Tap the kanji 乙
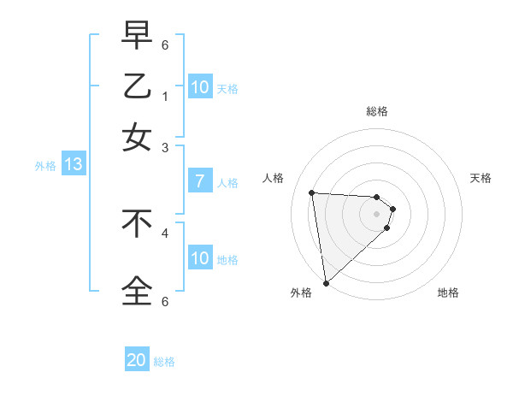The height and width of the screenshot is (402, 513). coord(137,86)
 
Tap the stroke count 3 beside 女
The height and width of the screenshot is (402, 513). coord(165,147)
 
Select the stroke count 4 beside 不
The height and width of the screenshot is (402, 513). coord(165,232)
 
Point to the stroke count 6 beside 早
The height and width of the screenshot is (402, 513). coord(165,44)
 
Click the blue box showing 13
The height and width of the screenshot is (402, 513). coord(73,165)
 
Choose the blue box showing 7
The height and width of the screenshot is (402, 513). coord(199,181)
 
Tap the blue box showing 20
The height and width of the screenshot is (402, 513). coord(137,360)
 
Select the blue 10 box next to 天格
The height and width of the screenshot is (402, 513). coord(199,87)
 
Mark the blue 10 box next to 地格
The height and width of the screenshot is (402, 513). coord(199,258)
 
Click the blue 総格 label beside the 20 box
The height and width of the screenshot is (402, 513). coord(164,362)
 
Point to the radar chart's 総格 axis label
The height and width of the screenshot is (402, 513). coord(377,111)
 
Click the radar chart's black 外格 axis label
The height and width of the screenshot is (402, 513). coord(301,293)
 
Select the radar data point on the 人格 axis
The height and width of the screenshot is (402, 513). coord(312,192)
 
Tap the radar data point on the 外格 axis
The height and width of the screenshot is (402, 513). coord(326,283)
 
